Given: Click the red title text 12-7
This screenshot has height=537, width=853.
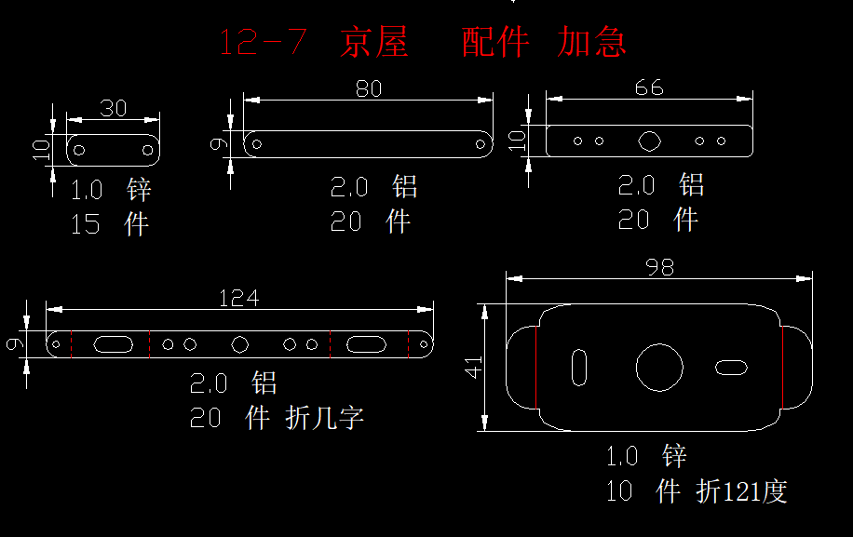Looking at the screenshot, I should click(x=262, y=43).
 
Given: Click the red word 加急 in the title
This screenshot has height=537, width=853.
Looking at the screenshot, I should click(x=592, y=43).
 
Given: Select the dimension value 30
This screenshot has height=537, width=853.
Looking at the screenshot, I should click(x=114, y=108).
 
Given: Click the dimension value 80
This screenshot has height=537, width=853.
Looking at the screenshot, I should click(x=369, y=88).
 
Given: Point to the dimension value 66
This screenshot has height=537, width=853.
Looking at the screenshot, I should click(x=649, y=87).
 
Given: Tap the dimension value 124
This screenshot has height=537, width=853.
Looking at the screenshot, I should click(x=239, y=298).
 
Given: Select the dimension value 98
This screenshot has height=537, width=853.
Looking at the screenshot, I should click(x=659, y=267).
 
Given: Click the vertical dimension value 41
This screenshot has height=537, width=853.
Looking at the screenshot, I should click(x=474, y=368).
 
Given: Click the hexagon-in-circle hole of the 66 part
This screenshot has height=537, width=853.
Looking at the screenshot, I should click(x=649, y=141).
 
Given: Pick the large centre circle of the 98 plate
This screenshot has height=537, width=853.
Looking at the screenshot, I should click(x=659, y=366).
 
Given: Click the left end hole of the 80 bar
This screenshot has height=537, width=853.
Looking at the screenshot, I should click(x=258, y=144).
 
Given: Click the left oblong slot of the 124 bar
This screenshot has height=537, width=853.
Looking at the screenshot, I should click(x=113, y=344).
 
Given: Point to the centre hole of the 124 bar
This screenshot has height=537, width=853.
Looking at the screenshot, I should click(x=240, y=344).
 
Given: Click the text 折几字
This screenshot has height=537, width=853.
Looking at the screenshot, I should click(x=325, y=419).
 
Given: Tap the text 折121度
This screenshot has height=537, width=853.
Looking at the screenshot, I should click(x=741, y=490).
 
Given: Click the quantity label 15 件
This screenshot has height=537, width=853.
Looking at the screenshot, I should click(x=110, y=224).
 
